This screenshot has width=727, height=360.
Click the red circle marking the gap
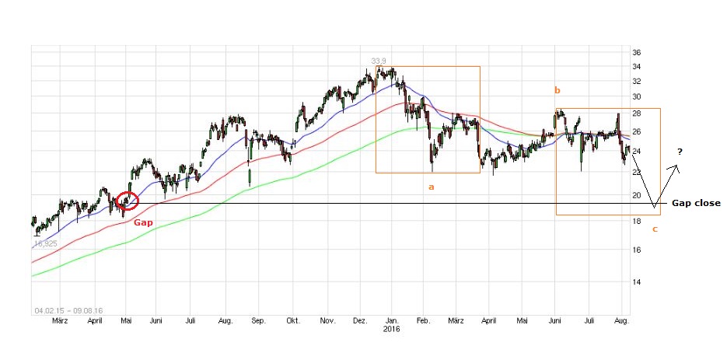127,201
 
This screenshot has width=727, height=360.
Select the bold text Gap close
696,203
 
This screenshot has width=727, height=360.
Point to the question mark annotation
679,152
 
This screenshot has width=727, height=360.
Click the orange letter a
431,187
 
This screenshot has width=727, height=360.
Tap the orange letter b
557,91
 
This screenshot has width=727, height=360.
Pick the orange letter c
654,229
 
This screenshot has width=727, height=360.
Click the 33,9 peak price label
379,61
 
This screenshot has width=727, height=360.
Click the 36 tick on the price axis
635,53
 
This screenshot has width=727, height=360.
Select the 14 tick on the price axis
635,282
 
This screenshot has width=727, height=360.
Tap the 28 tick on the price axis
635,114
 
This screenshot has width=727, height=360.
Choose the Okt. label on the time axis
293,320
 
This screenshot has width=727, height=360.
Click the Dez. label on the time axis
360,320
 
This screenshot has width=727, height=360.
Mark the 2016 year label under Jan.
393,329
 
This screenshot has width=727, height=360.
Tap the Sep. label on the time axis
257,320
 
